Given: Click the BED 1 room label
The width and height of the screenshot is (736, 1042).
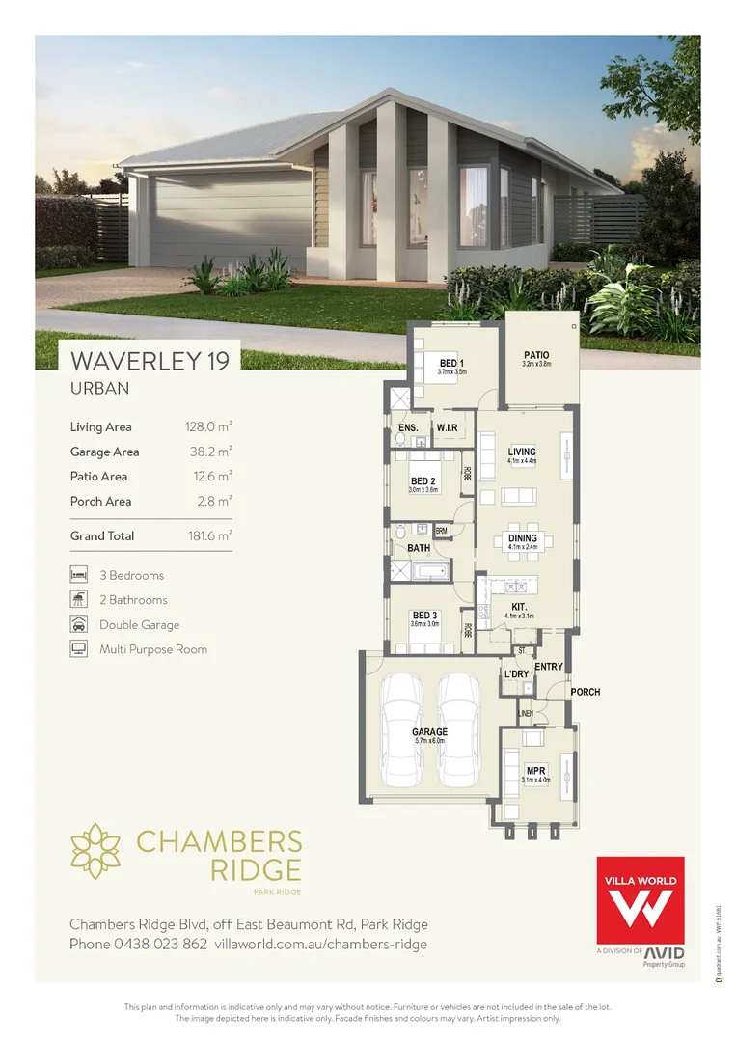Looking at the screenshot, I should pyautogui.click(x=451, y=362).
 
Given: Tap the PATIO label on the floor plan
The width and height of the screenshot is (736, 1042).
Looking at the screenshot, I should pyautogui.click(x=536, y=355).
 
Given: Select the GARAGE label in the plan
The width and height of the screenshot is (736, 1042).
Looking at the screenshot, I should pyautogui.click(x=429, y=732).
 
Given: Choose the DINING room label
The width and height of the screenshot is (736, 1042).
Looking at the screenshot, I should pyautogui.click(x=522, y=538).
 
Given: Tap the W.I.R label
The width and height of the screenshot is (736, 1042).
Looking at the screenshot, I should pyautogui.click(x=446, y=427).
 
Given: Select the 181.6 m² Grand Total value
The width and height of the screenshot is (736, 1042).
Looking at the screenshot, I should pyautogui.click(x=209, y=535).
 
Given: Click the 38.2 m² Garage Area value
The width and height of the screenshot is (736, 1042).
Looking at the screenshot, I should pyautogui.click(x=209, y=452).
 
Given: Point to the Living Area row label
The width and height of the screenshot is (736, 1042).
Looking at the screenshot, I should pyautogui.click(x=100, y=426).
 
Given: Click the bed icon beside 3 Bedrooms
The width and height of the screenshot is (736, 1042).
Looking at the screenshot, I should pyautogui.click(x=78, y=575).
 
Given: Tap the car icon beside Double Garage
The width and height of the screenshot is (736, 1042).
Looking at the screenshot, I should pyautogui.click(x=78, y=624).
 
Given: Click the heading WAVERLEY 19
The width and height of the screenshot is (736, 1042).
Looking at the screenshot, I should pyautogui.click(x=150, y=362).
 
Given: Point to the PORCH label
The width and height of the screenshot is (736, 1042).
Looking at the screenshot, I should pyautogui.click(x=585, y=692).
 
